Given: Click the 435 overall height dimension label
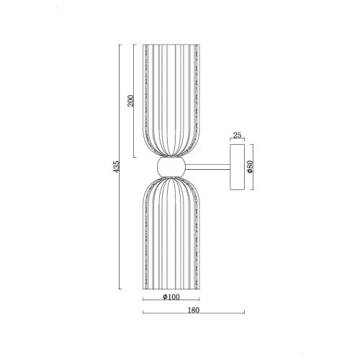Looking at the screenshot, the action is (x=116, y=166).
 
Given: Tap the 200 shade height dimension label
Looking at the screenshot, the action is (x=130, y=101).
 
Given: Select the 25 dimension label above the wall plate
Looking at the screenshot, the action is (x=237, y=135).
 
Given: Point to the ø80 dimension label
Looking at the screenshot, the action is (x=250, y=167).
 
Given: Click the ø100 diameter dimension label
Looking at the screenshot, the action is (x=171, y=297).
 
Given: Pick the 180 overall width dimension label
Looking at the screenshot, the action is (x=194, y=310).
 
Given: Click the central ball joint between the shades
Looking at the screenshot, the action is (x=171, y=167).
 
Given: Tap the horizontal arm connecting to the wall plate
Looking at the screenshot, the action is (x=208, y=167).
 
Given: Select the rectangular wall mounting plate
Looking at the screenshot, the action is (x=238, y=167).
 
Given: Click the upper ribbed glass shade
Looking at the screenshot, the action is (x=171, y=101).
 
